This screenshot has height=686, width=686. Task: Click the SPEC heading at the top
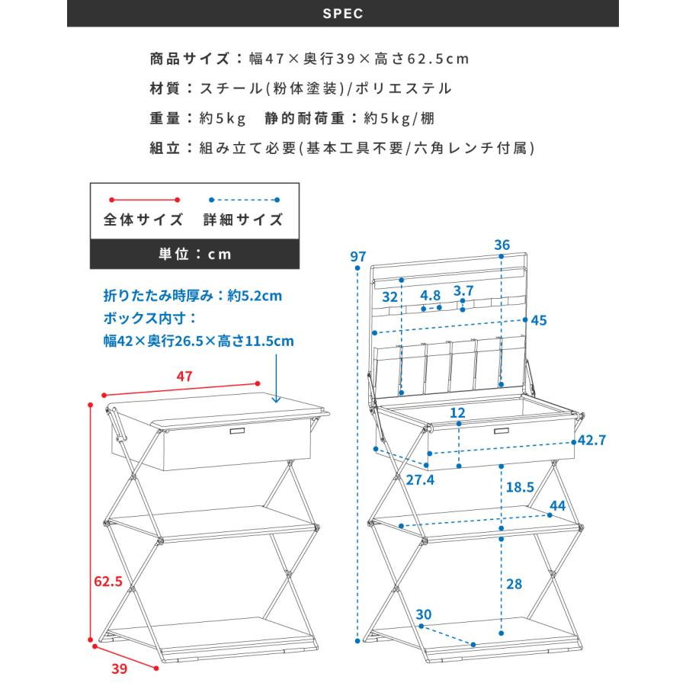point(343,14)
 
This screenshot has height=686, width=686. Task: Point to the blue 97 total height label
point(358,256)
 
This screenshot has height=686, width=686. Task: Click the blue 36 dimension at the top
point(502,245)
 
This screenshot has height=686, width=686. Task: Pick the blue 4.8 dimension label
point(431,295)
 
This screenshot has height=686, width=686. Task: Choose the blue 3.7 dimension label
point(463,290)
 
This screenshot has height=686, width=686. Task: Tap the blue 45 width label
point(539,320)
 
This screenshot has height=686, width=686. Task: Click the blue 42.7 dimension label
point(591,440)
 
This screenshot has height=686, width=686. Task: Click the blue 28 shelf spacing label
point(514,584)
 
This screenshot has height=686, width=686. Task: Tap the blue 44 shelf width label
point(558,505)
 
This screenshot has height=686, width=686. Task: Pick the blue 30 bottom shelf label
point(424,615)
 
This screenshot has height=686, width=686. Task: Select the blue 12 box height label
point(457,412)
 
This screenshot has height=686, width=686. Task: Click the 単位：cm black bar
point(195,254)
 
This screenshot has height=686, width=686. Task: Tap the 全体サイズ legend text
point(143,220)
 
